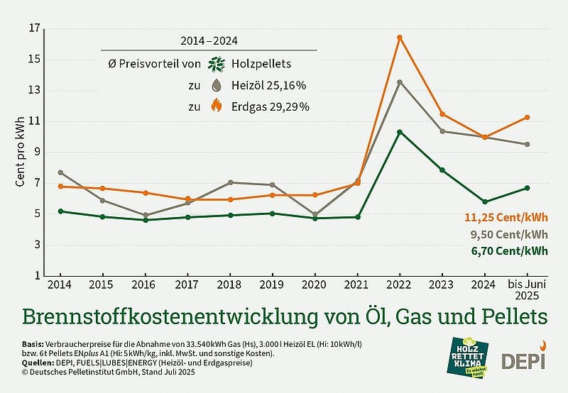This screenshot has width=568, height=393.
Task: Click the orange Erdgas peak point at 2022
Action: [x=400, y=37]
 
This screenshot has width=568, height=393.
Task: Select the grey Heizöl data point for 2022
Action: [x=400, y=82]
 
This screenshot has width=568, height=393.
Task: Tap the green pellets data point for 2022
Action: [x=400, y=132]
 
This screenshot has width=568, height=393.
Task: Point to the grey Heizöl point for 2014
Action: [x=60, y=172]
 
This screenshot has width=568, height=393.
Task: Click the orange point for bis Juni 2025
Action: [x=527, y=117]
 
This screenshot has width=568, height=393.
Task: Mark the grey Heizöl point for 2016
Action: [x=146, y=215]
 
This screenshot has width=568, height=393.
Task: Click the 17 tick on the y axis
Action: [x=34, y=29]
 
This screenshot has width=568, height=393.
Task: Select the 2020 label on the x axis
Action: [x=315, y=284]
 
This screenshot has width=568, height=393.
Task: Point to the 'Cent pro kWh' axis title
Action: [x=21, y=152]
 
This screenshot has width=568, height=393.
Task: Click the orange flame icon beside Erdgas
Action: [x=217, y=106]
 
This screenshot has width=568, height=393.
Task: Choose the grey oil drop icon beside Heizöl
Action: [x=217, y=85]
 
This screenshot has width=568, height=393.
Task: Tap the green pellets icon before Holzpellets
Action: [x=217, y=64]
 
